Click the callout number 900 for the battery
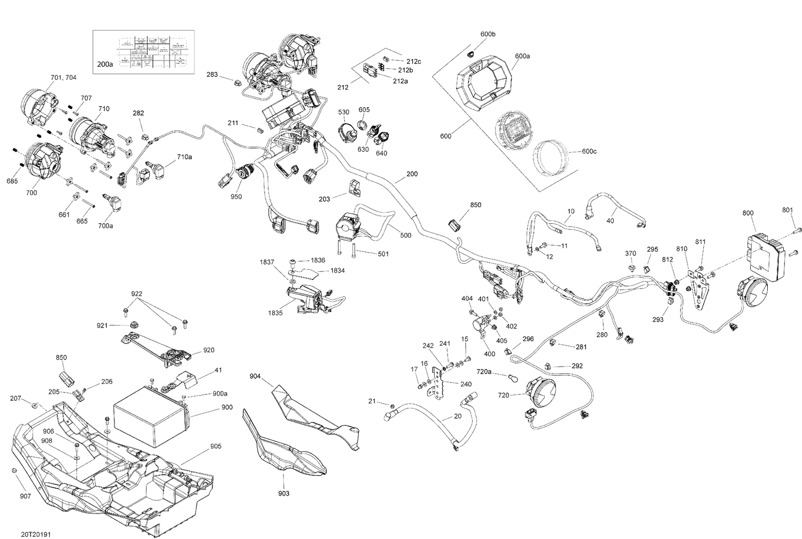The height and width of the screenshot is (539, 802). tap(227, 407)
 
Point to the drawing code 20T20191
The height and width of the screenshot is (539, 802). tap(37, 534)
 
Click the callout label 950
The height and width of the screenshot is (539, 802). tap(236, 196)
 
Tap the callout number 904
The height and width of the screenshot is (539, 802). tap(255, 376)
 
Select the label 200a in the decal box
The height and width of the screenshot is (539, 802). tap(105, 64)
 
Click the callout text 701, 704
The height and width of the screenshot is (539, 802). tap(63, 78)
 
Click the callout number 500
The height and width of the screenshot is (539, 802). tap(405, 235)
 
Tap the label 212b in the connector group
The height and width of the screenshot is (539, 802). tap(405, 70)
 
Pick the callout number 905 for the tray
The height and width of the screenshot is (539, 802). tap(215, 446)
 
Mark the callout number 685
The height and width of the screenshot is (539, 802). tap(12, 181)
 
